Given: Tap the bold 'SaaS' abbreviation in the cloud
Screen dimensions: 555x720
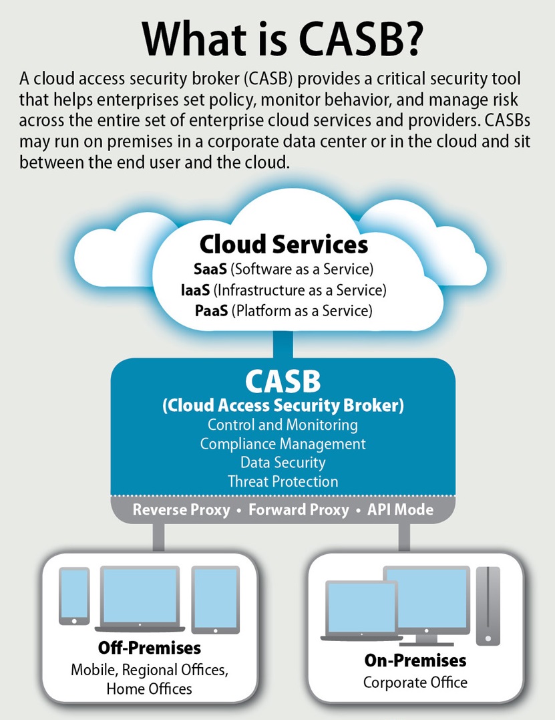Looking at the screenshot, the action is tap(210, 269).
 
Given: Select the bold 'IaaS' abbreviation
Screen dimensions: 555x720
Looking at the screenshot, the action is tap(196, 290).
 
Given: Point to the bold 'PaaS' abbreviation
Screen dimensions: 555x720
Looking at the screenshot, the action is tap(212, 311).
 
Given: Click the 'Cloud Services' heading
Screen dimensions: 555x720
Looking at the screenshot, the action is tap(283, 244).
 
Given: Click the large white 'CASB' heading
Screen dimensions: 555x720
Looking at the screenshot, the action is tap(283, 381).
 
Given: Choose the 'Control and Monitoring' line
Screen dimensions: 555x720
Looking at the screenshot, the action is tap(283, 425).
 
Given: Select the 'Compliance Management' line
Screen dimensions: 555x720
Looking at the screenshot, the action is tap(283, 444).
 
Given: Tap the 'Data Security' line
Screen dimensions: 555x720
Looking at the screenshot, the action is tap(283, 463).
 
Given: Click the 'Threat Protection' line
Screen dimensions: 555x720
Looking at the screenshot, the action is tap(283, 481).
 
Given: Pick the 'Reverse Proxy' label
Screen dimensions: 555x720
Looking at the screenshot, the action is tap(181, 509).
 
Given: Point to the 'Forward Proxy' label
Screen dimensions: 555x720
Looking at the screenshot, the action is tap(299, 509).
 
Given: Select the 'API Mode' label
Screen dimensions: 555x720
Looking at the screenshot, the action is tap(400, 509).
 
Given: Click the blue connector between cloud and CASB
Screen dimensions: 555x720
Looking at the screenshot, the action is tap(283, 344).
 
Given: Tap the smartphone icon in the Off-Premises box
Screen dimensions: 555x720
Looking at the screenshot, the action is tap(74, 596).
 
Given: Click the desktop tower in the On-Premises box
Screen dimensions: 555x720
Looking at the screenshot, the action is tap(488, 606).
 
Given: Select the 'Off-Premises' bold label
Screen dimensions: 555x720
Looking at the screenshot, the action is tap(150, 648).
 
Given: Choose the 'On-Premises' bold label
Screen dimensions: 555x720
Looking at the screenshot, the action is tap(415, 661).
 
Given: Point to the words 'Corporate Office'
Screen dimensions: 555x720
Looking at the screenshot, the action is tap(415, 683).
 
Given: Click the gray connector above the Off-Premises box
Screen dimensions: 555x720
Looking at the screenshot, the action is tap(158, 537).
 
